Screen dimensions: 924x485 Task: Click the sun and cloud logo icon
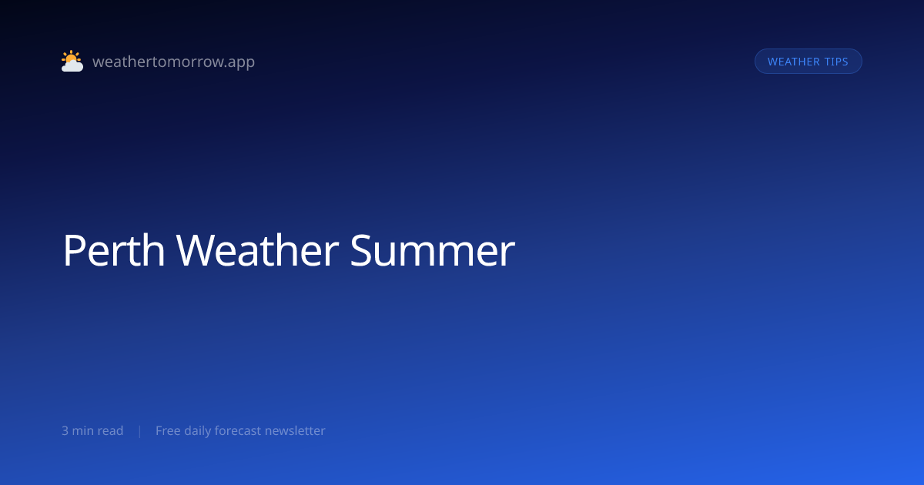point(72,61)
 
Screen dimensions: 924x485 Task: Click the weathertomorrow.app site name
point(174,62)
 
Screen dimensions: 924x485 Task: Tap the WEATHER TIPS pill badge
point(808,62)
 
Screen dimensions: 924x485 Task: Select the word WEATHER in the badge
point(794,62)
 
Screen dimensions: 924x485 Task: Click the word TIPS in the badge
point(836,62)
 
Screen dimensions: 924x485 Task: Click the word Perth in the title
point(114,250)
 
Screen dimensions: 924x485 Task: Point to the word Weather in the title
point(257,250)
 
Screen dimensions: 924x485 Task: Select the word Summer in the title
point(433,250)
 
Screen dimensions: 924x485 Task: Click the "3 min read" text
point(92,430)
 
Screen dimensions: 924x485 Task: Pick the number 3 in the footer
point(65,431)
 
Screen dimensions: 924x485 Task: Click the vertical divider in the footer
point(140,431)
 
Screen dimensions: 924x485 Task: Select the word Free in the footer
point(168,430)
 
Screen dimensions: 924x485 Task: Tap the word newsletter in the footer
point(295,430)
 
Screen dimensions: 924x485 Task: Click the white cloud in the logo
point(72,65)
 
